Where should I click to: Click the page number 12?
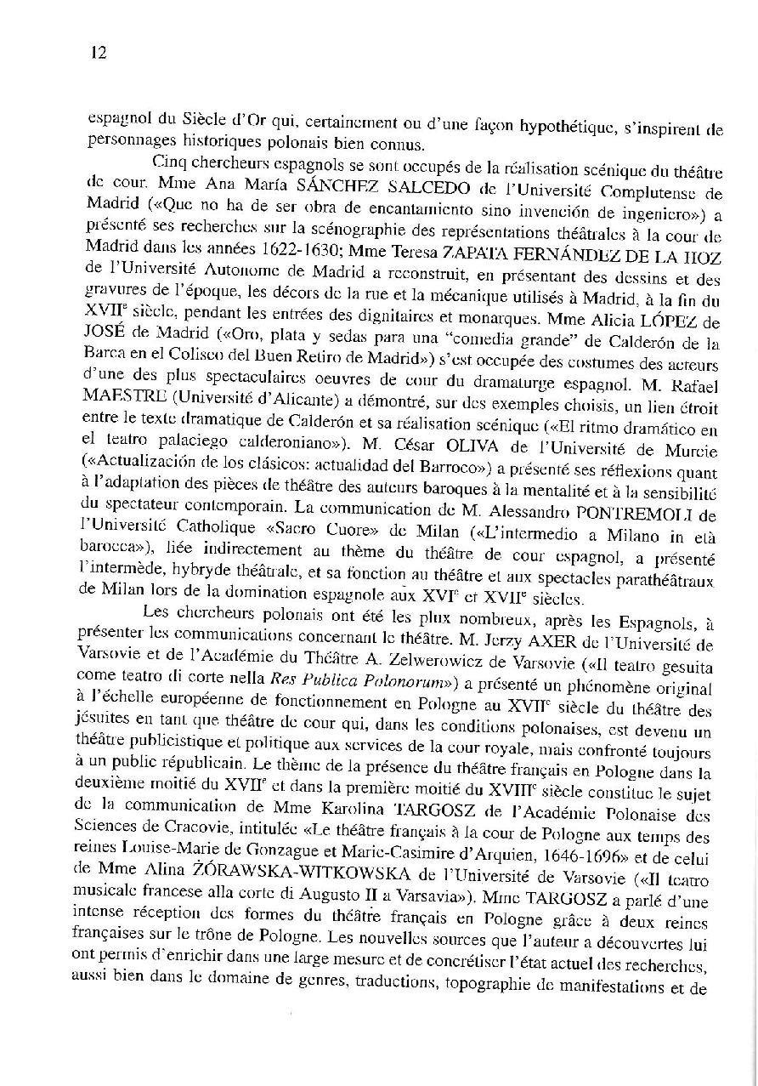pos(96,52)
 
